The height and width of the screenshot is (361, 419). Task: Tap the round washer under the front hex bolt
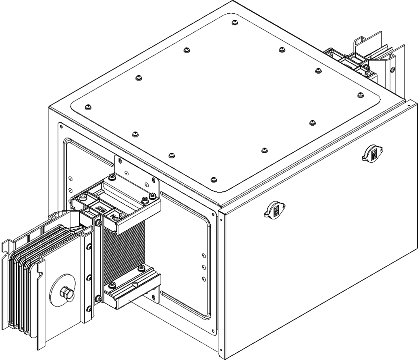point(64,291)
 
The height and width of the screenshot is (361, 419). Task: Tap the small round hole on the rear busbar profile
point(392,70)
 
